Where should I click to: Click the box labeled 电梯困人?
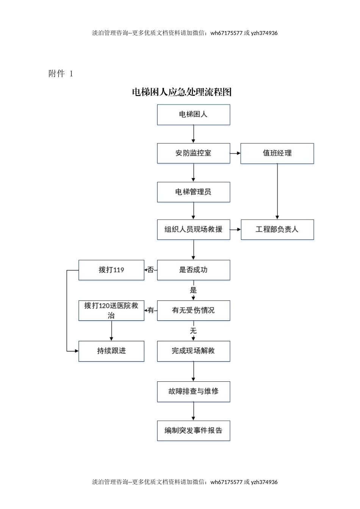click(193, 115)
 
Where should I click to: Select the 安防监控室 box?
click(193, 153)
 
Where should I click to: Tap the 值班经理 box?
click(277, 153)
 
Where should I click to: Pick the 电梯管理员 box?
click(193, 192)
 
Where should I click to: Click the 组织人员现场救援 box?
click(193, 230)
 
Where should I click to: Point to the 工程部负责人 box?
click(277, 230)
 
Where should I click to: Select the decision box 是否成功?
click(193, 270)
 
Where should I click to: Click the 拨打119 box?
click(111, 270)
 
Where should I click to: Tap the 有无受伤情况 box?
click(193, 311)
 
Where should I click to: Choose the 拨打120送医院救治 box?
click(111, 311)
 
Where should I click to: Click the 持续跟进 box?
click(111, 351)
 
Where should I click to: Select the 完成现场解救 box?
click(193, 351)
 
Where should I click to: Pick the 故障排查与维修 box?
click(193, 392)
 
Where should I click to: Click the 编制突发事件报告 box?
click(193, 431)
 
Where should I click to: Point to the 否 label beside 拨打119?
click(151, 270)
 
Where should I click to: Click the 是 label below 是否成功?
click(193, 290)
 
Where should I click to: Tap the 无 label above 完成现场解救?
click(193, 331)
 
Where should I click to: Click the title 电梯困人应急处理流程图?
click(182, 92)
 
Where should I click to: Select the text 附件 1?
click(61, 73)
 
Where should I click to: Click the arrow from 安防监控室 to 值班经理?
click(235, 153)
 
